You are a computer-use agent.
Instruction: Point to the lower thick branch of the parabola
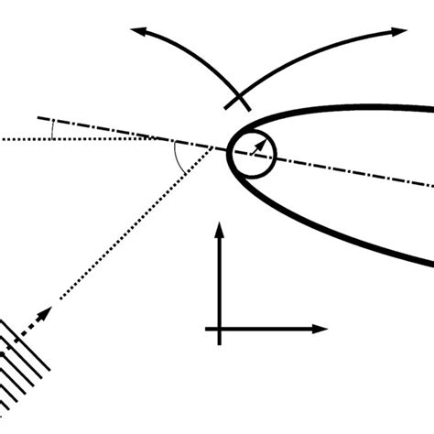pyautogui.click(x=348, y=227)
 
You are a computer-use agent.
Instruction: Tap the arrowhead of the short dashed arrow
pyautogui.click(x=48, y=310)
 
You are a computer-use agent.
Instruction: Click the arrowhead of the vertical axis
pyautogui.click(x=220, y=225)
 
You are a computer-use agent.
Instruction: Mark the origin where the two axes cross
pyautogui.click(x=220, y=328)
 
